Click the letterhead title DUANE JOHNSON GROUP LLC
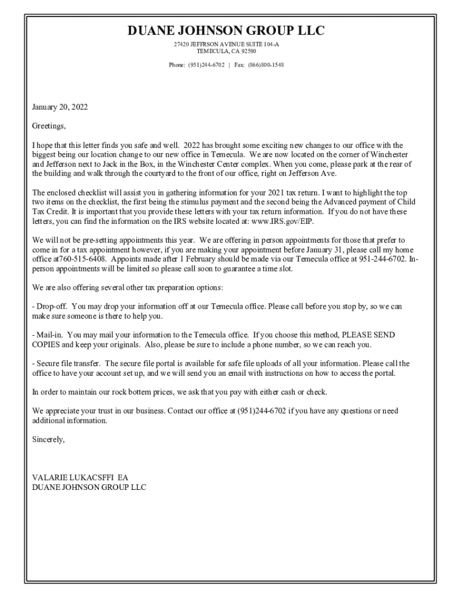226,31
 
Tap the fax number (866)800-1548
265,65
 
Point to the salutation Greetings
49,125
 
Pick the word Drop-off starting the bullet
51,306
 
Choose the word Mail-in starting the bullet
48,334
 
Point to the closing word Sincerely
48,439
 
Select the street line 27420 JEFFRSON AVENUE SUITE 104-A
226,45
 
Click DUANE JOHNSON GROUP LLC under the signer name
89,487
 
